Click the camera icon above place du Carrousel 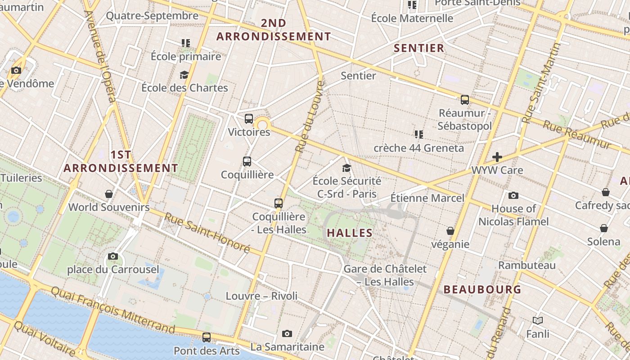click(113, 256)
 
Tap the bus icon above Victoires click(249, 119)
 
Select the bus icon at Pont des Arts click(207, 337)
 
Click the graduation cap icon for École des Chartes click(184, 75)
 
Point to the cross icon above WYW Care click(497, 157)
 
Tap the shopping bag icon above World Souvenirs click(109, 194)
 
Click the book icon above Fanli click(538, 321)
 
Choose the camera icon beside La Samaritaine click(287, 333)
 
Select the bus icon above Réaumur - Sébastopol click(465, 100)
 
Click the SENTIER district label click(419, 48)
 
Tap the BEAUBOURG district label click(482, 289)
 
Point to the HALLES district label click(350, 233)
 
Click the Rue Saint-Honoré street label click(207, 232)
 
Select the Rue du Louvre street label click(309, 116)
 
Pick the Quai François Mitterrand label click(112, 310)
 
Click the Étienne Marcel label click(427, 198)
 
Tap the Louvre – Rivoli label click(261, 296)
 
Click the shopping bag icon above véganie click(450, 231)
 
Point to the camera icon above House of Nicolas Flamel click(513, 195)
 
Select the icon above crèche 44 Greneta click(419, 134)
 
